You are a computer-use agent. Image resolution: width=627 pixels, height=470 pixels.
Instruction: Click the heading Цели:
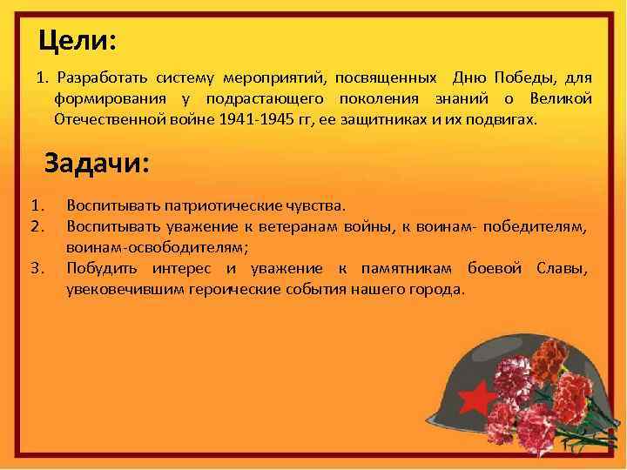78,40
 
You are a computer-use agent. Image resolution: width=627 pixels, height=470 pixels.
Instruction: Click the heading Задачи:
97,164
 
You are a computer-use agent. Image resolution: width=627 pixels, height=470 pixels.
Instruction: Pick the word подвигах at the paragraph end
508,117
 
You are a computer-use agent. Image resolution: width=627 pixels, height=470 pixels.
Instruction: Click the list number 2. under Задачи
37,227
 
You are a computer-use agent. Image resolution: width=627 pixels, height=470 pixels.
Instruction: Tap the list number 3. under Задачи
37,268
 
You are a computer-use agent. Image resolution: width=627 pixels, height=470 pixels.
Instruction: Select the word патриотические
229,206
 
